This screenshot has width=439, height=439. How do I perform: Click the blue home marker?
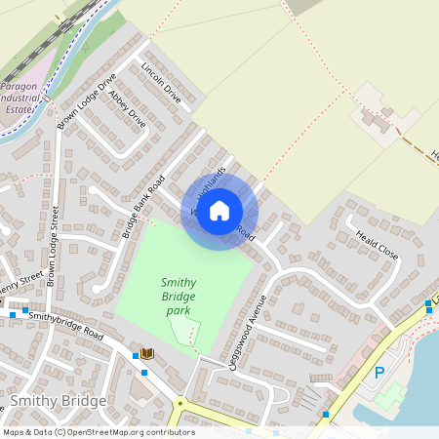coord(219,210)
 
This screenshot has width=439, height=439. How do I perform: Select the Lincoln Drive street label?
coord(161,84)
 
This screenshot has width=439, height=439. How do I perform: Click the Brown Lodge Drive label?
coord(87,100)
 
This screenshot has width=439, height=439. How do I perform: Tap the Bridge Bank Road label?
coord(141,208)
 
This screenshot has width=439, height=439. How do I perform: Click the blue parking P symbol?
coord(379,372)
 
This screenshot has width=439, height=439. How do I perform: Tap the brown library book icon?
coord(147,352)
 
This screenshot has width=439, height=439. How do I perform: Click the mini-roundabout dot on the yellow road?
coord(180,402)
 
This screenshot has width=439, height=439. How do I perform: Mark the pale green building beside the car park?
coord(392,395)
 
